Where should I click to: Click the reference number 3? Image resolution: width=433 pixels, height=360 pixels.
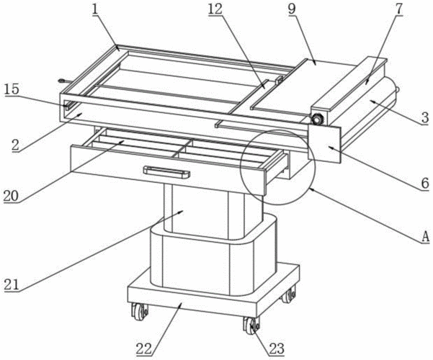pyautogui.click(x=424, y=116)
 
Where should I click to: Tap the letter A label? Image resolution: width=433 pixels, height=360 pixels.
pyautogui.click(x=424, y=235)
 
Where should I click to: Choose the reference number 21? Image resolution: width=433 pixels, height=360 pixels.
pyautogui.click(x=11, y=284)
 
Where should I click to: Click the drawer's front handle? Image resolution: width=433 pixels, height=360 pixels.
pyautogui.click(x=166, y=171)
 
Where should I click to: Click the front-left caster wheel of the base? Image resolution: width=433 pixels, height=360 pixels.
pyautogui.click(x=138, y=312)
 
